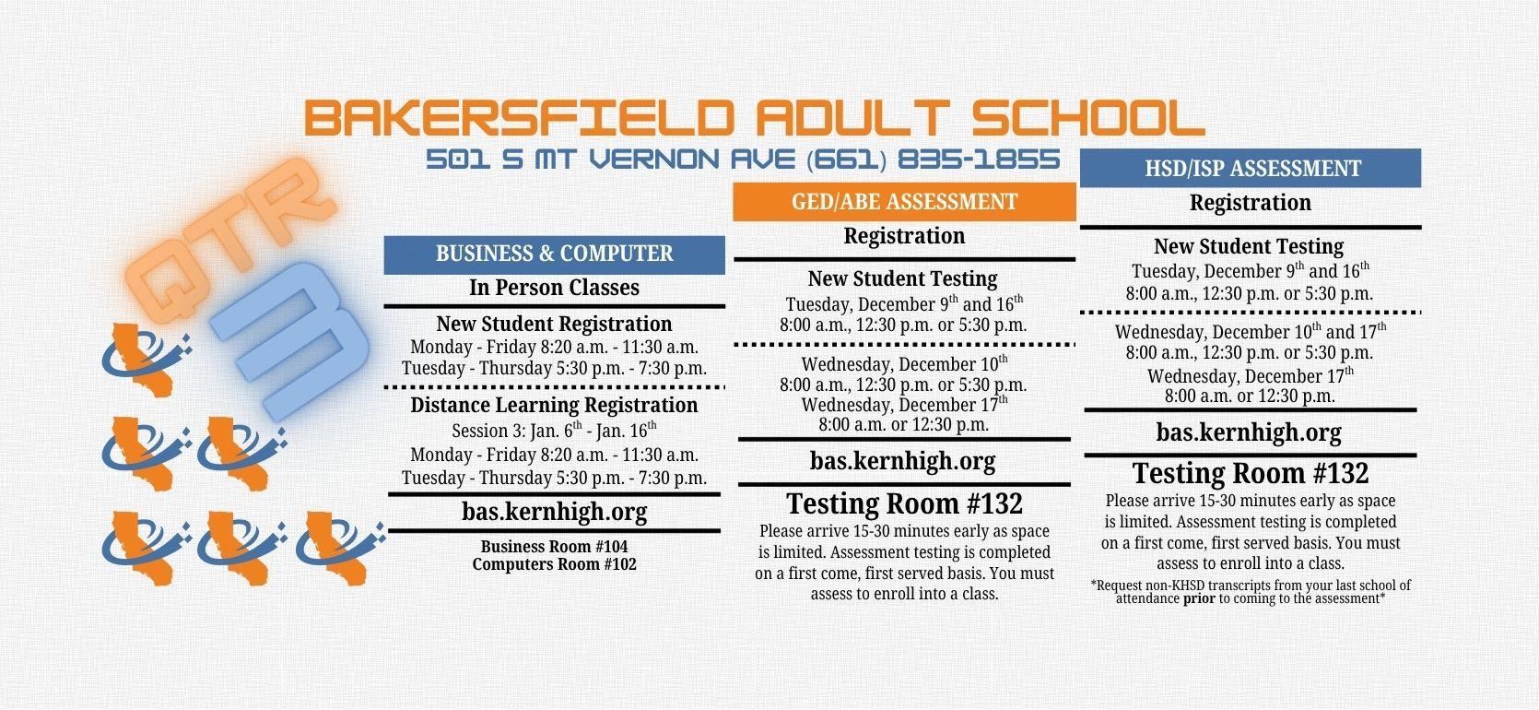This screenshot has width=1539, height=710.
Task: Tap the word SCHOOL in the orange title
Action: point(1087,117)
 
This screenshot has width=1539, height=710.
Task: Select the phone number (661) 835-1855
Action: point(933,160)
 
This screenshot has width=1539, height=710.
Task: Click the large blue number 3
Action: point(292,340)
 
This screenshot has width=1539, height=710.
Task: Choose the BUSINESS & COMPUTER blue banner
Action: point(555,254)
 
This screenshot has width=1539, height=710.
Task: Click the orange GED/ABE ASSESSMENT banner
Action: point(904,202)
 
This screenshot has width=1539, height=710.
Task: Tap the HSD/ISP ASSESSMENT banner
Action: point(1251,169)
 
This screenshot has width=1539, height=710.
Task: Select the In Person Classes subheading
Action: point(555,288)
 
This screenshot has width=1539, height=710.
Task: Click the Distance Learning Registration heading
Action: point(555,405)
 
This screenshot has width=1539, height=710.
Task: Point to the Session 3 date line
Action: point(555,431)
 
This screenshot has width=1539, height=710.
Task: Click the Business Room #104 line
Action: point(555,547)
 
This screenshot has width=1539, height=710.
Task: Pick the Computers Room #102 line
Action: point(555,564)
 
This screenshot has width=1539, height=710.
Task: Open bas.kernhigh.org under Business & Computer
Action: point(555,512)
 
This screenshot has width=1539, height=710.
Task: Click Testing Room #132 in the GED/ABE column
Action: point(904,503)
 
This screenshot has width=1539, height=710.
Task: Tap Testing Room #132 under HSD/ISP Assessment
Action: point(1251,473)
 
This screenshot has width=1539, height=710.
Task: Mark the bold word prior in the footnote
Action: point(1199,598)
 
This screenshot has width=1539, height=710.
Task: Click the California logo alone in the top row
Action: point(147,360)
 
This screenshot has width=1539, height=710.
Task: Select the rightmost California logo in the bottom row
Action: point(340,548)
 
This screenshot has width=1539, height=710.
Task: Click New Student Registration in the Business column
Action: point(555,324)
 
